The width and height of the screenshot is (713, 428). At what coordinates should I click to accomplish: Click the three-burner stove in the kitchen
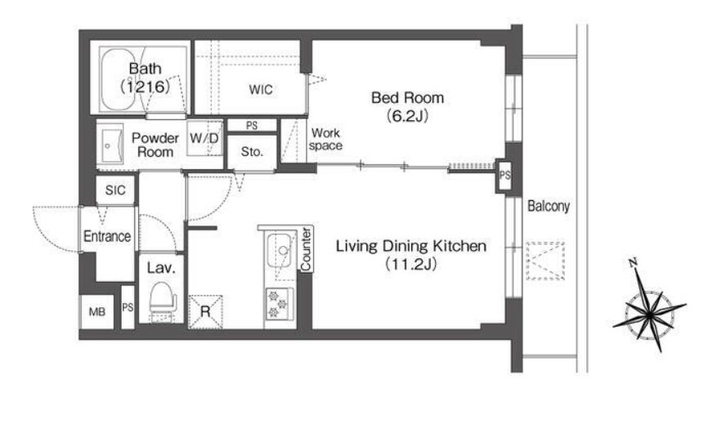pyautogui.click(x=279, y=304)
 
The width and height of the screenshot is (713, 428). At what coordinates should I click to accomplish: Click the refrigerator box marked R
pyautogui.click(x=205, y=312)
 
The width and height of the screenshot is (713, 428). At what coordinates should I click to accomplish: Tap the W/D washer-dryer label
pyautogui.click(x=204, y=138)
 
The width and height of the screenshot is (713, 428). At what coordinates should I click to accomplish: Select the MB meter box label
pyautogui.click(x=96, y=312)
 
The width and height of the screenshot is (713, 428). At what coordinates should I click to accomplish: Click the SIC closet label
pyautogui.click(x=115, y=190)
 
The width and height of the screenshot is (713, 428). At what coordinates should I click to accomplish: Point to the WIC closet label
pyautogui.click(x=261, y=89)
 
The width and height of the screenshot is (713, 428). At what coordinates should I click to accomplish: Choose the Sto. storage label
pyautogui.click(x=252, y=151)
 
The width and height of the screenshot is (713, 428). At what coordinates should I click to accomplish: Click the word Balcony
pyautogui.click(x=549, y=207)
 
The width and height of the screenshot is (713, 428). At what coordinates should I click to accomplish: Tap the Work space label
pyautogui.click(x=325, y=139)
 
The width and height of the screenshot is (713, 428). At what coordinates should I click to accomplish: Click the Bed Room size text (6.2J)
pyautogui.click(x=408, y=117)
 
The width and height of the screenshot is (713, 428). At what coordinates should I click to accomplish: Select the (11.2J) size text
pyautogui.click(x=411, y=264)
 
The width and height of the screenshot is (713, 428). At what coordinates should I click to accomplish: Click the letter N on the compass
pyautogui.click(x=633, y=263)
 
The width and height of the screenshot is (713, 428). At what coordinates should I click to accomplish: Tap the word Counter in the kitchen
pyautogui.click(x=306, y=249)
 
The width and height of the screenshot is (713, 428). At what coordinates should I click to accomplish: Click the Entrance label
pyautogui.click(x=107, y=236)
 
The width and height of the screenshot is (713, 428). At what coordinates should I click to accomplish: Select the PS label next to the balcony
pyautogui.click(x=504, y=175)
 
